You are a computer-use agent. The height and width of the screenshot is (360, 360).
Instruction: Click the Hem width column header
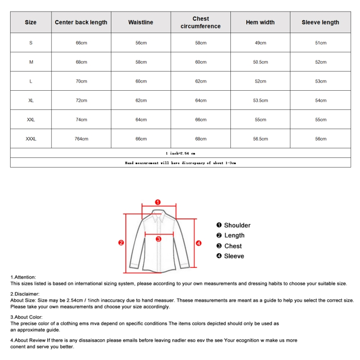pos(260,23)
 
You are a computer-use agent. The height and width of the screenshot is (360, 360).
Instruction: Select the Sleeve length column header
pos(320,23)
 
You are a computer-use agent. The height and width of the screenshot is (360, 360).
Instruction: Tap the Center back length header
pos(81,23)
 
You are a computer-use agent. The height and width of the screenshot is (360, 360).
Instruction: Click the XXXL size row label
pos(31,139)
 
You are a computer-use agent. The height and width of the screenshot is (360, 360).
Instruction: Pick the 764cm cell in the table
pos(81,139)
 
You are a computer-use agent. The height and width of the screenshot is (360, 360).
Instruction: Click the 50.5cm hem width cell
pos(260,62)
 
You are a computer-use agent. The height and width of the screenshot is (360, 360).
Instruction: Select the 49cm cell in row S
pos(260,43)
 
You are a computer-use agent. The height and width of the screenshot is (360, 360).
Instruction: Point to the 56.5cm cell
pos(260,139)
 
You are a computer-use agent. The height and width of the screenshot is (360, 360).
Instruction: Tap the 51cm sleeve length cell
pos(320,43)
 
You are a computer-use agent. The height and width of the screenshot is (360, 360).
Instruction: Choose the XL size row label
pos(31,100)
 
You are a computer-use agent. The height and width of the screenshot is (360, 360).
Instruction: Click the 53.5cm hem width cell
pos(260,100)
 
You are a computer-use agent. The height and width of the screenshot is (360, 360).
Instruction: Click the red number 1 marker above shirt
pos(158,202)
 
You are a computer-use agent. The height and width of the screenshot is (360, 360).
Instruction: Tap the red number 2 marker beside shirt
pos(121,243)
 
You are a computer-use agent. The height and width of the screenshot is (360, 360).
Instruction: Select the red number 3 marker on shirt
pos(158,239)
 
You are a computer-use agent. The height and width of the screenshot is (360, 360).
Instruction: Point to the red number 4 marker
pos(199,243)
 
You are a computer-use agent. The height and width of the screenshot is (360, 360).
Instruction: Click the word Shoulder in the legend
pos(237,225)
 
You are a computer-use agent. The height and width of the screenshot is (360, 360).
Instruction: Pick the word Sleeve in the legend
pos(234,256)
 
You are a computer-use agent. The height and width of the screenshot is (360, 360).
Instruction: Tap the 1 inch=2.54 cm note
pos(180,153)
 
